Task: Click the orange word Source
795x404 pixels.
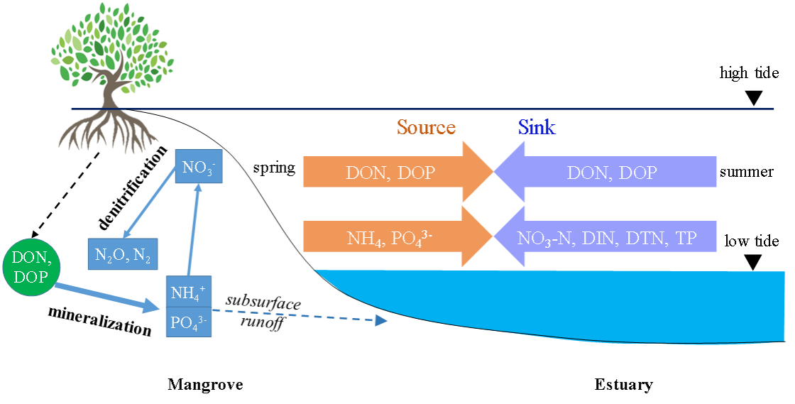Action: coord(426,128)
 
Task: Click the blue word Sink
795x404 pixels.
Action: coord(537,128)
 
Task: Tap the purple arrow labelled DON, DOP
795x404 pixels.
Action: coord(610,173)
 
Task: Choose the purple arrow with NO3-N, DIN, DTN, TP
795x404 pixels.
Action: coord(610,238)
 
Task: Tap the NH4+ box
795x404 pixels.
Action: coord(188,292)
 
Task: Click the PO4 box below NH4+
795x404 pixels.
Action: coord(188,322)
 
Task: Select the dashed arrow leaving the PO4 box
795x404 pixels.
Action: coord(298,315)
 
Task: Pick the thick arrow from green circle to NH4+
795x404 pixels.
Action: coord(106,297)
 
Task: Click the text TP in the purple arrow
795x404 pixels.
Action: coord(686,238)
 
